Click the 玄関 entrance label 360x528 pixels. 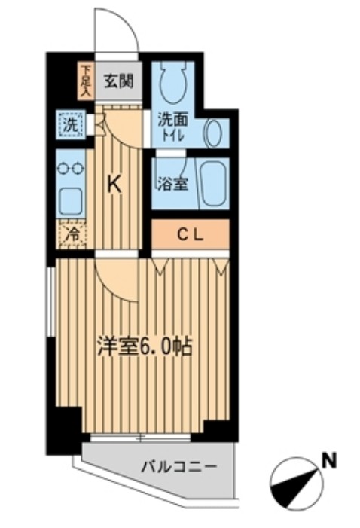point(119,81)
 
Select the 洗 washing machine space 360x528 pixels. point(69,125)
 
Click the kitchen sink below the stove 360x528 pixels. point(72,201)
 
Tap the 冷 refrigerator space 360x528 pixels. point(72,235)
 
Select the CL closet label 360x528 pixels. point(188,234)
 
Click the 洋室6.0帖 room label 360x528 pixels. point(144,347)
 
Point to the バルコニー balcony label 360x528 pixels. point(178,467)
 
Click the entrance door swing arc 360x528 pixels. point(121,30)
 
